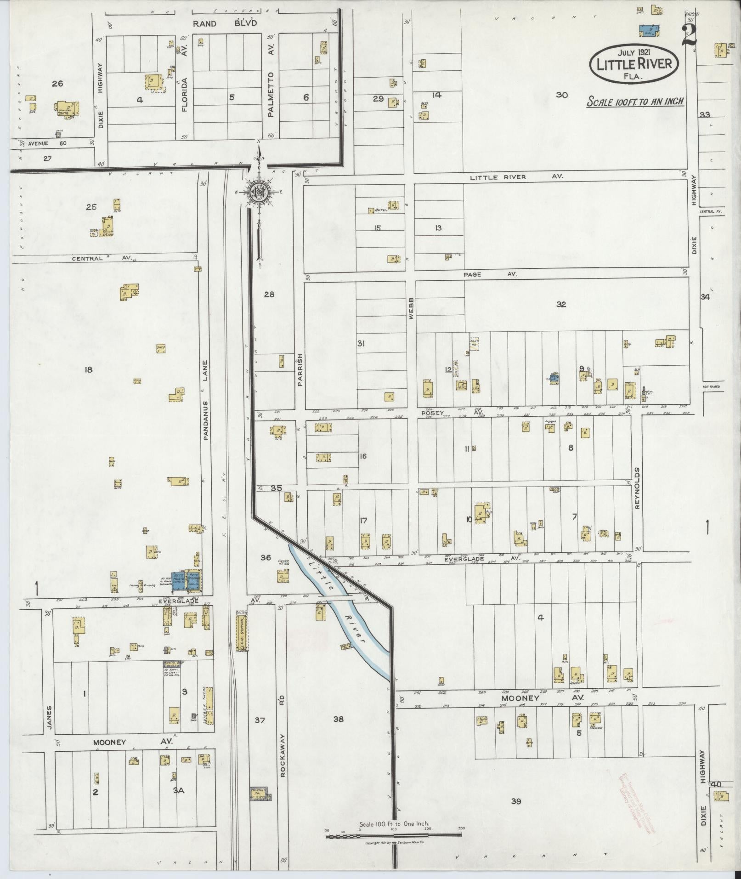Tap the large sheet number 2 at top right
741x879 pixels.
pyautogui.click(x=689, y=35)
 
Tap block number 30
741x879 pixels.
pyautogui.click(x=561, y=95)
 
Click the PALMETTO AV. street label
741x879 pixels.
pyautogui.click(x=271, y=94)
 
